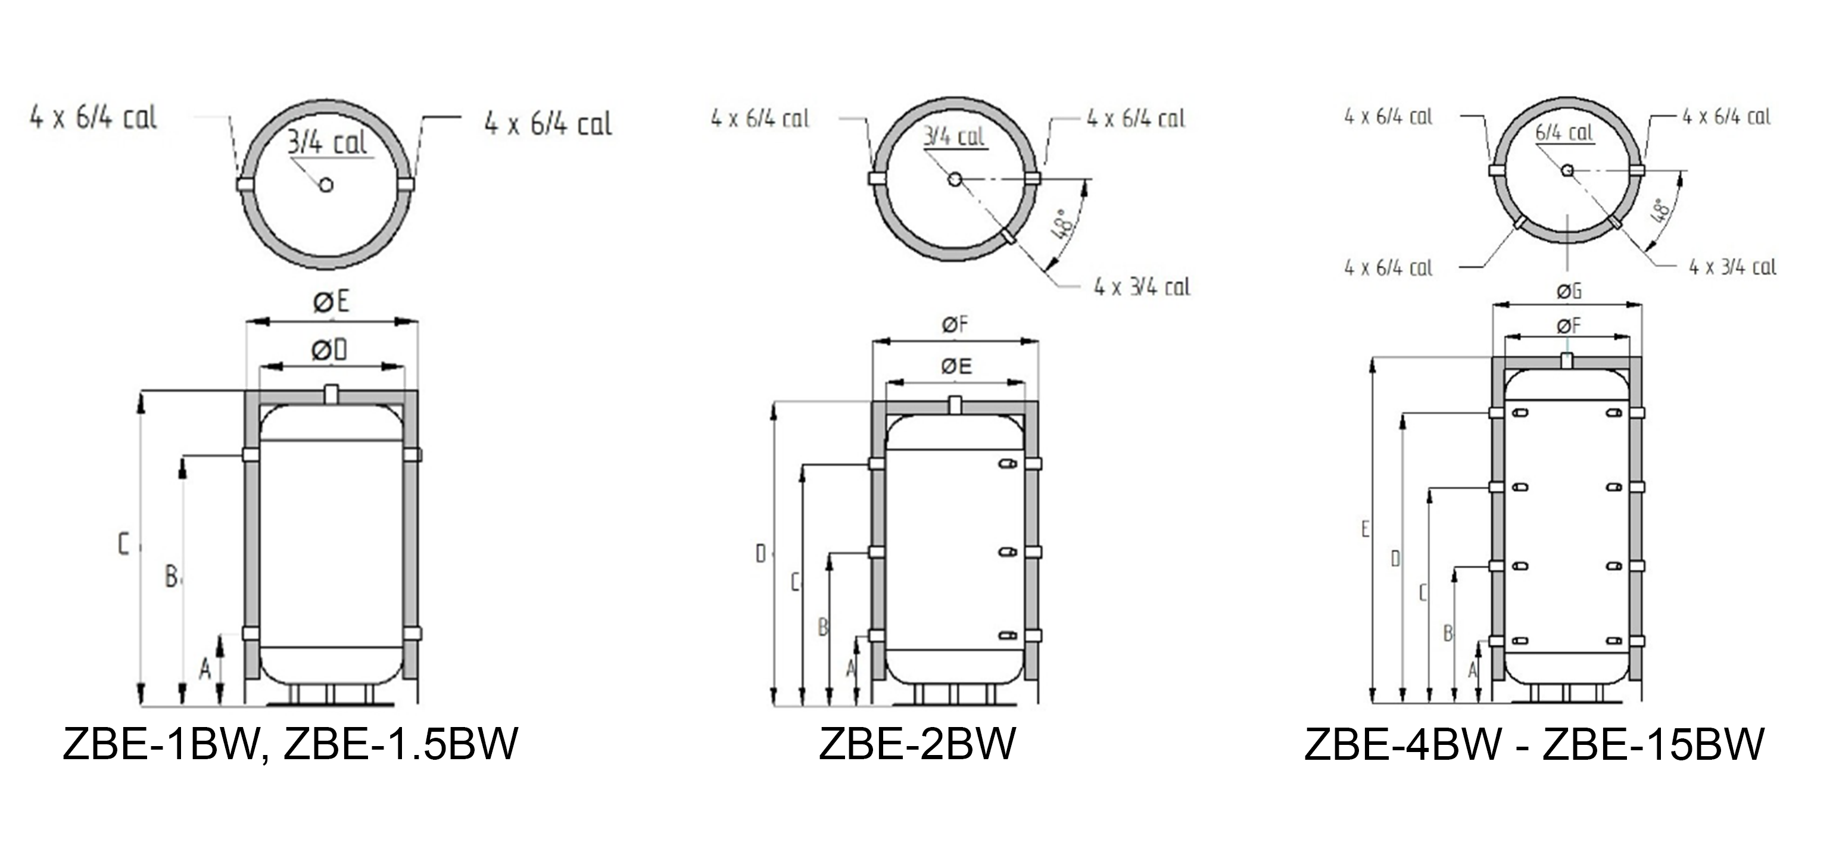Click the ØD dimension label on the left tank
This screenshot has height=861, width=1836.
(329, 350)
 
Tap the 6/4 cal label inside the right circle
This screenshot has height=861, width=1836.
(1564, 133)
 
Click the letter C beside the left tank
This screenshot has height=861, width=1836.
(123, 545)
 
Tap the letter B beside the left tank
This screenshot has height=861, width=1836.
(171, 576)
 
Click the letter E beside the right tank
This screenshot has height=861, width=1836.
(1365, 529)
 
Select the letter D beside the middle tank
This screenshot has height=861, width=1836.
(760, 553)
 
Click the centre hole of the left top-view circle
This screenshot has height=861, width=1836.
(326, 185)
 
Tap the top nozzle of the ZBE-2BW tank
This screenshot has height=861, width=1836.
(955, 404)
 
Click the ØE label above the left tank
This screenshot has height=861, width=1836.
(332, 302)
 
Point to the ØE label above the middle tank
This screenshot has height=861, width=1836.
(956, 366)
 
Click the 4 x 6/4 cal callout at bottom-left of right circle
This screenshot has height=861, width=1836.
(1388, 268)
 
